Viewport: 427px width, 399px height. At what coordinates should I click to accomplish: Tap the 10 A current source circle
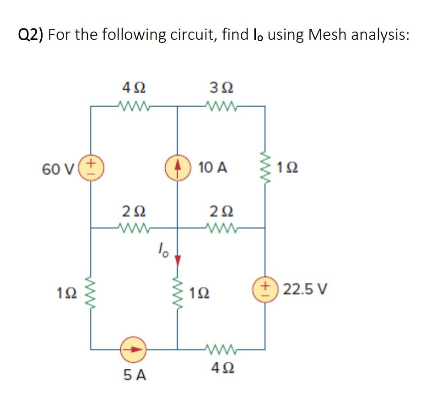[177, 167]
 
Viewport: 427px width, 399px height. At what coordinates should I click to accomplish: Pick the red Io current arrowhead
[178, 260]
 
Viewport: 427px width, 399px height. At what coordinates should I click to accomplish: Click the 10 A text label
[213, 167]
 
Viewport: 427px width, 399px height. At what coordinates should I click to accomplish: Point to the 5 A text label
[135, 375]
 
